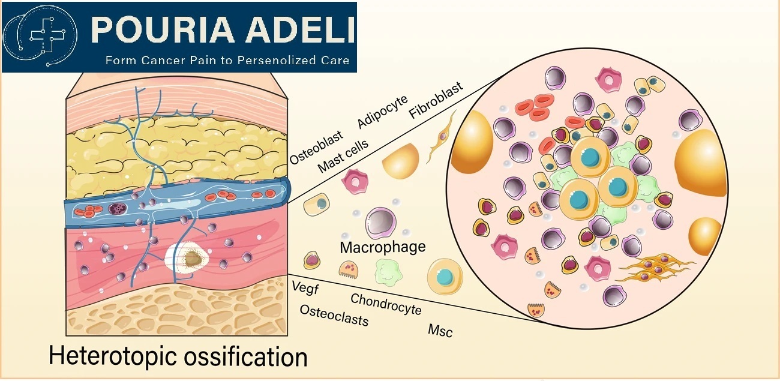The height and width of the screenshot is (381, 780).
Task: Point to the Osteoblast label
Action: (x=316, y=147)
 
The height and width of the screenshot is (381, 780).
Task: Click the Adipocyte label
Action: (x=382, y=111)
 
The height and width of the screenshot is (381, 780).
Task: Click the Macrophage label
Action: (x=383, y=247)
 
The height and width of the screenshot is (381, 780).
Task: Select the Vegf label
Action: (x=305, y=288)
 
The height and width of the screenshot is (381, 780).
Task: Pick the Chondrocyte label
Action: (x=386, y=304)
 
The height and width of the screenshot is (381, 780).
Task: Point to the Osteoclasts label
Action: (x=334, y=316)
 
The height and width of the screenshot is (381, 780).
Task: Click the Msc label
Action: (x=440, y=331)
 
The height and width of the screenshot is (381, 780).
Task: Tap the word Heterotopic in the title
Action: (x=113, y=356)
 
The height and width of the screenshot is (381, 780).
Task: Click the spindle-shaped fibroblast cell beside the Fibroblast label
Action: (x=441, y=137)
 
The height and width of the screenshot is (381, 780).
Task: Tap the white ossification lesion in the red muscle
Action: (x=187, y=259)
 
